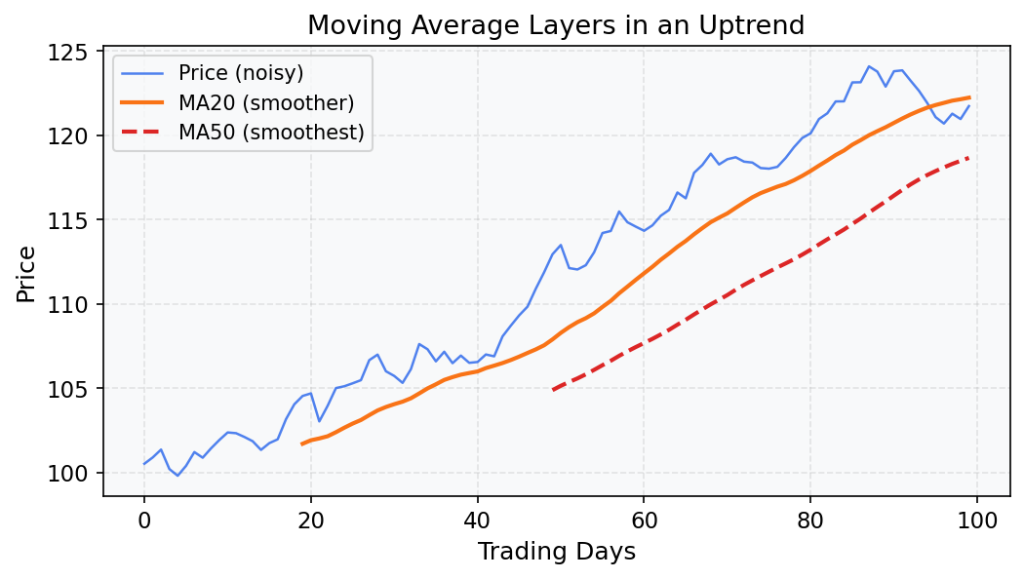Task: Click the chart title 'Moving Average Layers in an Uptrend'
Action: [x=556, y=25]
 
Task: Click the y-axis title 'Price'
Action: [x=26, y=274]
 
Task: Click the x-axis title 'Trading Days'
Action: [x=556, y=552]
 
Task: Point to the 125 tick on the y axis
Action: [x=76, y=52]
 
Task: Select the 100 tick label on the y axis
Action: [x=76, y=473]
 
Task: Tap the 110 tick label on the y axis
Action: [x=76, y=304]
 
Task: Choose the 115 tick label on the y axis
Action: [x=76, y=220]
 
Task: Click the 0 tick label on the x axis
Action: [x=144, y=520]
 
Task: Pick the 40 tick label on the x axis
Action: [x=477, y=520]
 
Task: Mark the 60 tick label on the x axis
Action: [x=644, y=520]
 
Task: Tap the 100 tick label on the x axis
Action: [x=976, y=520]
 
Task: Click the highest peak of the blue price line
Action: [x=868, y=66]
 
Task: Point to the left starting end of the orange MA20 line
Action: [x=302, y=444]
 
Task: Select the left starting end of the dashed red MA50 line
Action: [x=552, y=390]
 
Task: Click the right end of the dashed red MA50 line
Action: [x=968, y=158]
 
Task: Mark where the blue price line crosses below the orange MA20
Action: [x=927, y=107]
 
